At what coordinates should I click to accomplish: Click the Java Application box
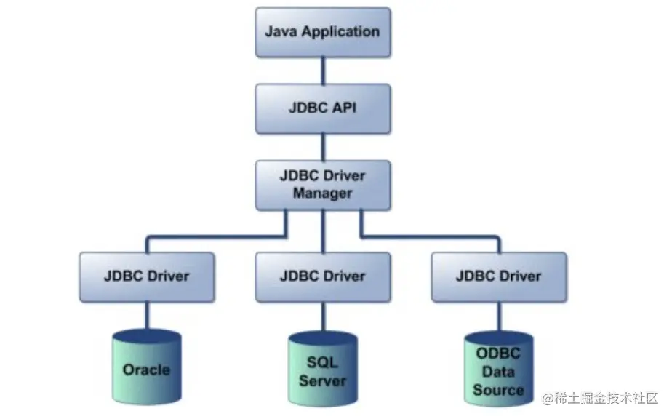323,32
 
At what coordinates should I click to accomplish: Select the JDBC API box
323,108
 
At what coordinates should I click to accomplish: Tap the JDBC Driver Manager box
323,185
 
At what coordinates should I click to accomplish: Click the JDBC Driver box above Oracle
147,277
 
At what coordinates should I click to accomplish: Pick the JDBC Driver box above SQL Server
323,277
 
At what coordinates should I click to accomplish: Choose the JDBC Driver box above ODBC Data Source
499,277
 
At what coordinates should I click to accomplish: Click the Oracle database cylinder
147,367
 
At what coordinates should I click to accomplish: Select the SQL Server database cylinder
323,369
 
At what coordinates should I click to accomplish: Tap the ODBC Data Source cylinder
499,369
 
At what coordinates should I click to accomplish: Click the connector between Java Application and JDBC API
323,71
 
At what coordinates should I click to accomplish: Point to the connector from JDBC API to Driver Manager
323,147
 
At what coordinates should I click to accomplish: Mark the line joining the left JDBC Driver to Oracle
147,316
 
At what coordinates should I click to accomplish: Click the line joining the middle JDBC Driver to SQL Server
323,316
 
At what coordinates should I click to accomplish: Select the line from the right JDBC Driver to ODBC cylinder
499,316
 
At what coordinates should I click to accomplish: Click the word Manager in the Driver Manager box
323,193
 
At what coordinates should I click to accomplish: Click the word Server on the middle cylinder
322,381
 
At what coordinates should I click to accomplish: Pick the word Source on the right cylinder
498,390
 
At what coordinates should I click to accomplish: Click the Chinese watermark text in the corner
601,398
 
